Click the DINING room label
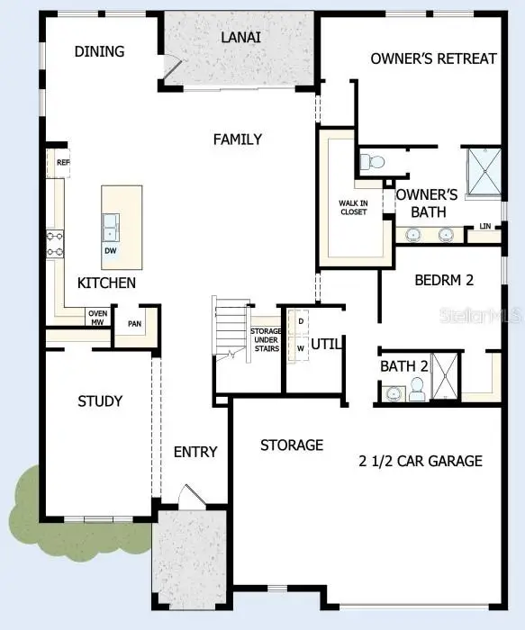tap(99, 51)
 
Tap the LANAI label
tap(241, 37)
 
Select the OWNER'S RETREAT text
tap(433, 58)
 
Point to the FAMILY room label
tap(238, 139)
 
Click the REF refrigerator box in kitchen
tap(62, 163)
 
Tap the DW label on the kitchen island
tap(110, 250)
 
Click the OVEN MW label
tap(97, 317)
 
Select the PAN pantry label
tap(134, 324)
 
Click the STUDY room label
tap(100, 400)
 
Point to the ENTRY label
tap(195, 451)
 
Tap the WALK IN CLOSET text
tap(353, 208)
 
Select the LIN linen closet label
tap(485, 226)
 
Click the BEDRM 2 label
tap(444, 280)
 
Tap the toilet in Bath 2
tap(417, 390)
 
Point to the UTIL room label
tap(325, 344)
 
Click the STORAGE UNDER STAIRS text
tap(266, 343)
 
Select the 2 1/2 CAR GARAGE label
tap(420, 461)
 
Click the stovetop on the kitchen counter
tap(55, 244)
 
